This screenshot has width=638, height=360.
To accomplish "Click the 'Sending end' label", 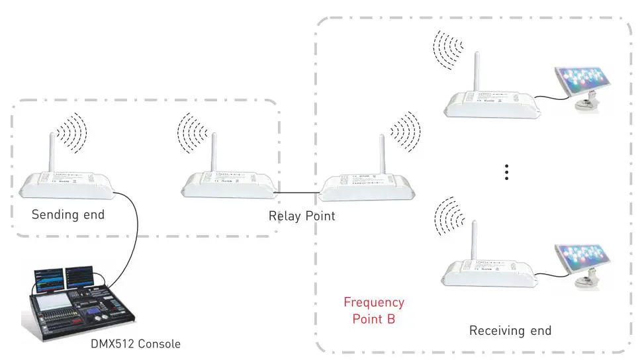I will pos(68,214).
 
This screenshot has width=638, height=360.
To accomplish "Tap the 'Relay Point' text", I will pos(301,216).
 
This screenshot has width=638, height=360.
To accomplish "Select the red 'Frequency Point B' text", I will pos(373,310).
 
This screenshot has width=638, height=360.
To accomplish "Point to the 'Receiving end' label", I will pos(510,330).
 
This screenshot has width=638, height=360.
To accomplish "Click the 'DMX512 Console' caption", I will pos(135,344).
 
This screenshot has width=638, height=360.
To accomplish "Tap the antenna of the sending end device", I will pos(51,153).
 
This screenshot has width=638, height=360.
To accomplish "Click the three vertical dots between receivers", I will pos(506,172).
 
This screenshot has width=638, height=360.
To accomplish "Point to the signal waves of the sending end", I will pos(71,132).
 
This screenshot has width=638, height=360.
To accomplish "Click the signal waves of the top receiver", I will pos(449,49).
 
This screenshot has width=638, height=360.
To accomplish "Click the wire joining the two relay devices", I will pos(296,193).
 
